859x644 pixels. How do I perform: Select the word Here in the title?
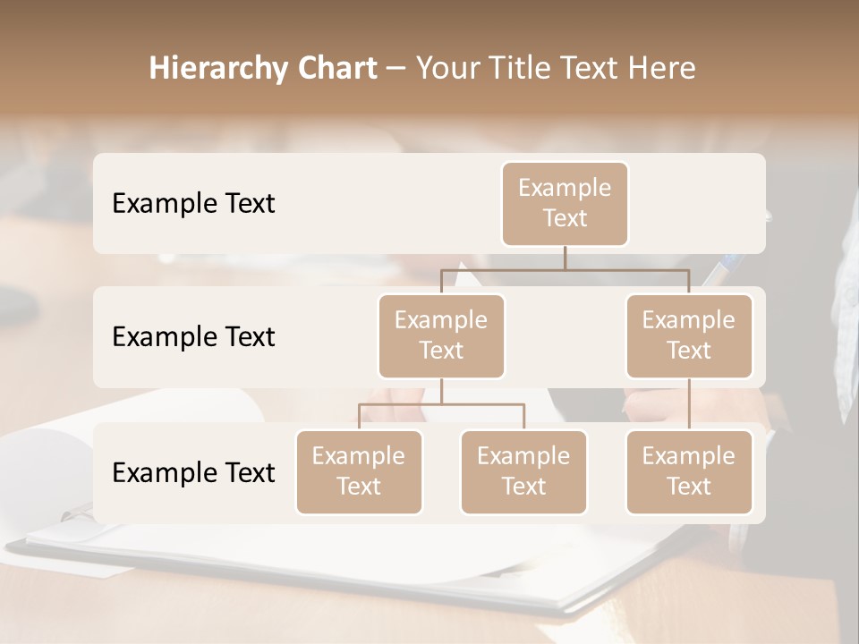[661, 69]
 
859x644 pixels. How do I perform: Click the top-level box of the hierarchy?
[565, 203]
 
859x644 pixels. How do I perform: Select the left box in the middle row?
[441, 335]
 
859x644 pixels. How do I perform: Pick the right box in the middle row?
[689, 335]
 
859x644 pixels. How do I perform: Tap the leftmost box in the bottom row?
[359, 471]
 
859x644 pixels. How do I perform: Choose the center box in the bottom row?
[523, 471]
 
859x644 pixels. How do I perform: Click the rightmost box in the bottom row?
[689, 471]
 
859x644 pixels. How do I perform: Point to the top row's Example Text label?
[193, 204]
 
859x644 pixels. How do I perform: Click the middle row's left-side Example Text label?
[193, 337]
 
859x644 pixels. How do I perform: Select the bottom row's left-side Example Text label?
[193, 473]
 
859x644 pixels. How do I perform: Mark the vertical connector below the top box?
[565, 258]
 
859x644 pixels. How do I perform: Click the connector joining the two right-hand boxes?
[689, 404]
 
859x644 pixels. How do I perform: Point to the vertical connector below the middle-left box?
[441, 391]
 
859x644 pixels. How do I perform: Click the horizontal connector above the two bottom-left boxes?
[403, 404]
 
